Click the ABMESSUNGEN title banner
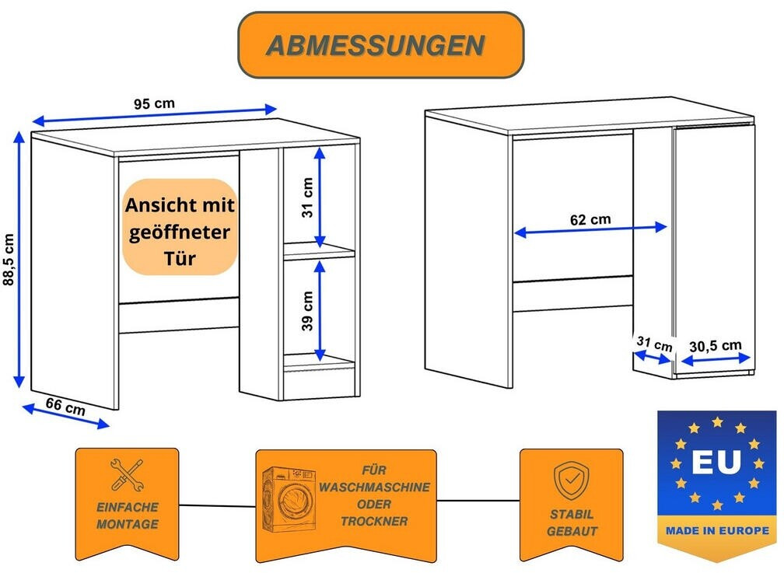(380, 45)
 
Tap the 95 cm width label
(154, 103)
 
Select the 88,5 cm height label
(9, 260)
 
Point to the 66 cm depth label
(65, 405)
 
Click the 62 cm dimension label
(590, 219)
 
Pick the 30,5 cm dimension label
(716, 346)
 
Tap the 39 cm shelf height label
(307, 310)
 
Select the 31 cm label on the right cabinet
(653, 343)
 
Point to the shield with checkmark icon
(572, 480)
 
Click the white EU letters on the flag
(716, 463)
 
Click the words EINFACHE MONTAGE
(127, 515)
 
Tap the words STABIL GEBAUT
(572, 522)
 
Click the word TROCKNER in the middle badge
(373, 521)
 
